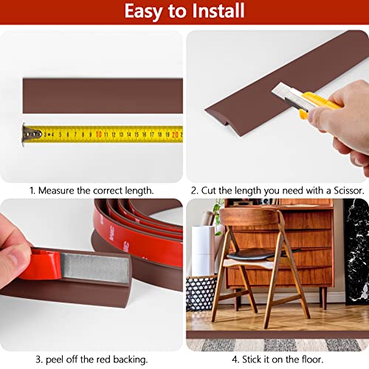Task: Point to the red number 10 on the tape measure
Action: click(98, 135)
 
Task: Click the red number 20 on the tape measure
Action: click(175, 135)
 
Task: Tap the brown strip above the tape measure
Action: click(103, 94)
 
